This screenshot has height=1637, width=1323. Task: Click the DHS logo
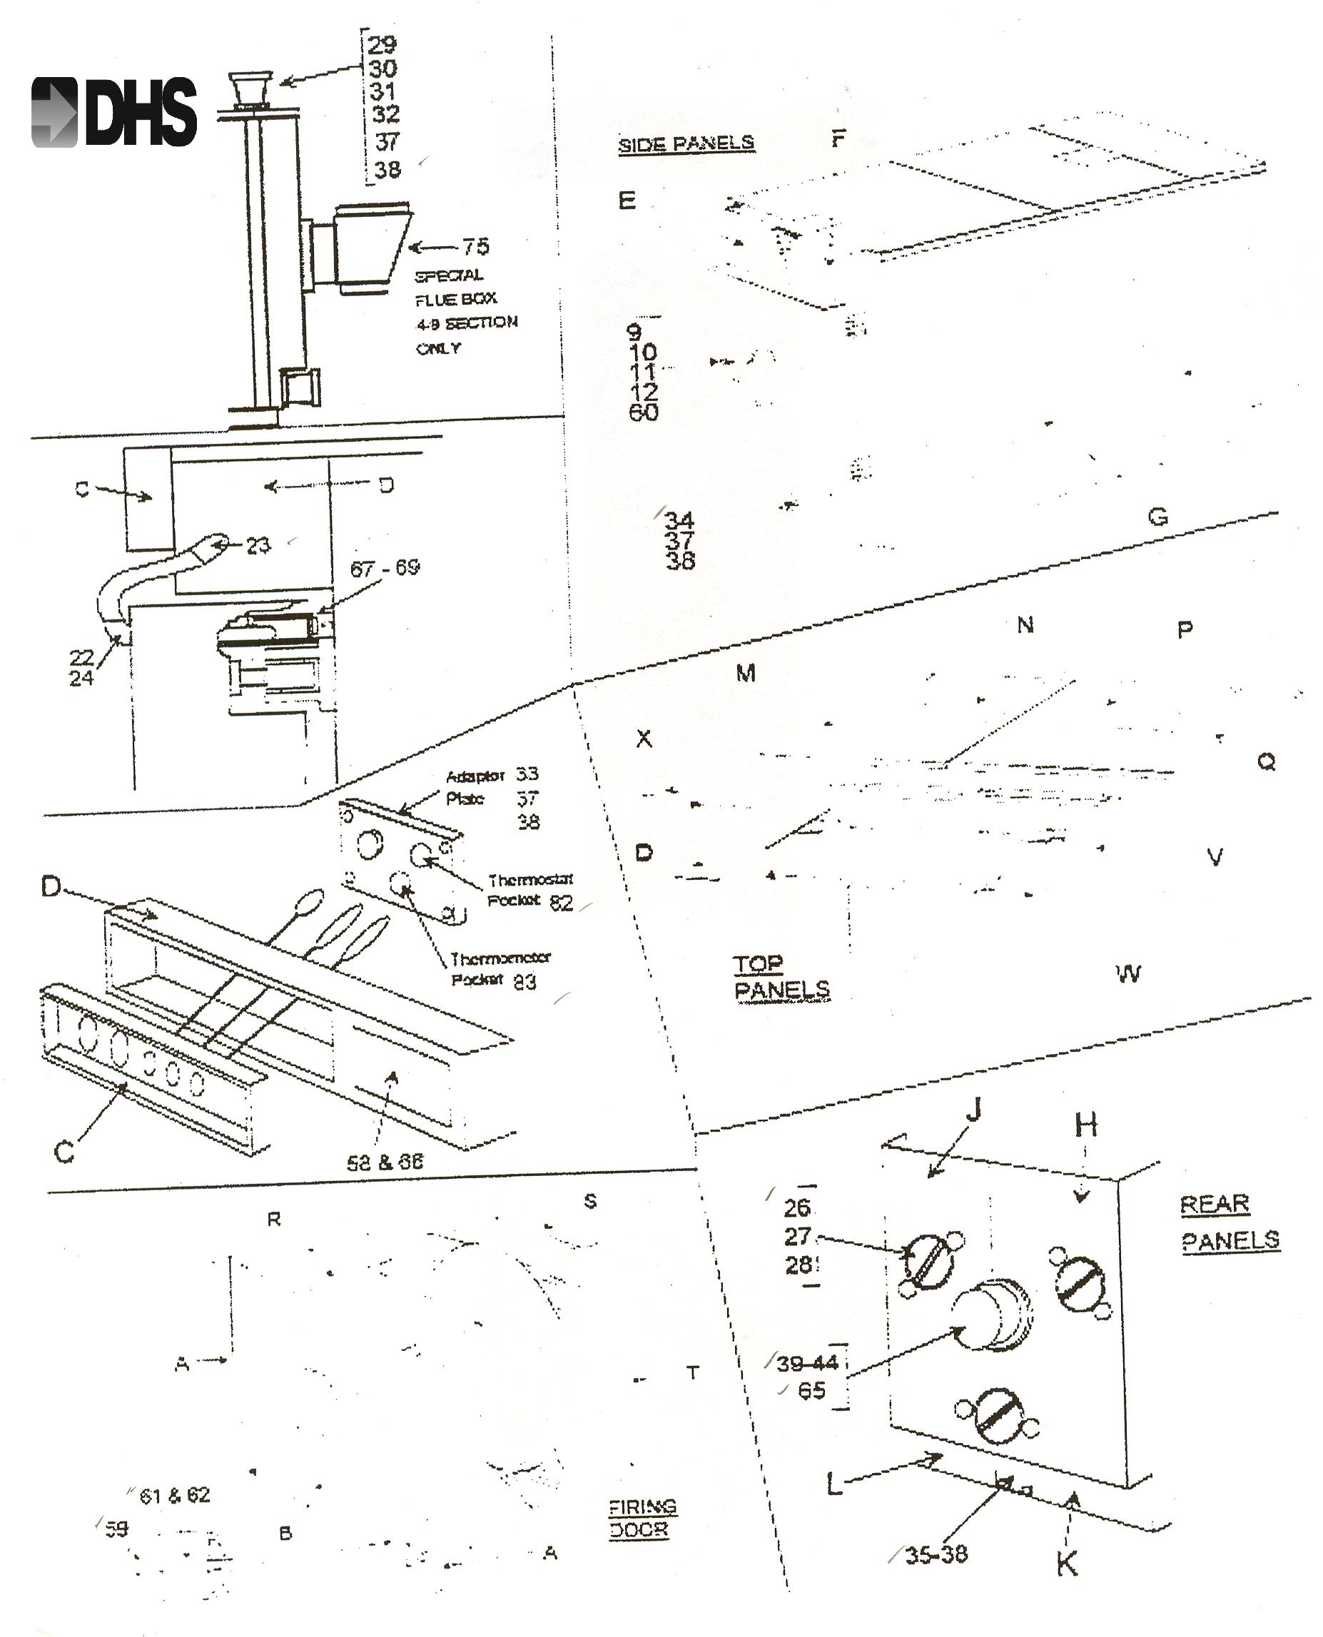click(114, 112)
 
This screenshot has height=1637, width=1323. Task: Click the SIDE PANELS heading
click(686, 143)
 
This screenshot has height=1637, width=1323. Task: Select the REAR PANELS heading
click(1229, 1222)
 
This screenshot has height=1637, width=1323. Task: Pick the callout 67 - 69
click(384, 568)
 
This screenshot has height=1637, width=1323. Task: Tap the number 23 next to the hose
click(258, 546)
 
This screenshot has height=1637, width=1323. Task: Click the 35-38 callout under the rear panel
click(936, 1554)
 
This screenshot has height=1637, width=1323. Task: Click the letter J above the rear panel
click(973, 1110)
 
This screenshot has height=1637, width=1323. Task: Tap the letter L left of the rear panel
click(835, 1484)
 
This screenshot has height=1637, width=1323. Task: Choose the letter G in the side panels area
click(1157, 517)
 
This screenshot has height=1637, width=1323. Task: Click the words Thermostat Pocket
click(529, 890)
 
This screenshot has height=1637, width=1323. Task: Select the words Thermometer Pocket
click(500, 968)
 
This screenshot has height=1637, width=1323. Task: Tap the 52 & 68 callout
click(384, 1162)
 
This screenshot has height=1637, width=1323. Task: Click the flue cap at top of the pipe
click(250, 89)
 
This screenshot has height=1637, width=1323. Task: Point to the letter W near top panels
click(1129, 973)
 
